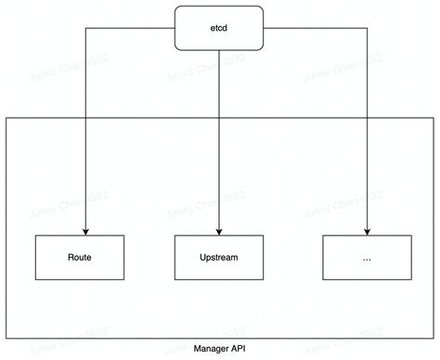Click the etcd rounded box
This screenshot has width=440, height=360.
(x=219, y=28)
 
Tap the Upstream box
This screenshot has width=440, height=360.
(x=219, y=257)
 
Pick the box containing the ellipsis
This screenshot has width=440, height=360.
(x=368, y=257)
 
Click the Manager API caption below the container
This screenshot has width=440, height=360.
(x=219, y=349)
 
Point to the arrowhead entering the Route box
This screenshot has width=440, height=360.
(x=84, y=231)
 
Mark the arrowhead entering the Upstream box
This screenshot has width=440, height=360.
(x=219, y=231)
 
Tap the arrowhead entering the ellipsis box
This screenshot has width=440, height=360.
(x=368, y=231)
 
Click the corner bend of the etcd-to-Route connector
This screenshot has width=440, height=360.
(x=84, y=28)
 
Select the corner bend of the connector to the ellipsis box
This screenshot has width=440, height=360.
(x=368, y=28)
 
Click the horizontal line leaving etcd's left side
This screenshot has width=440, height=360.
(x=130, y=28)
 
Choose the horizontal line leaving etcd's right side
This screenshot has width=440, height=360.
(x=316, y=28)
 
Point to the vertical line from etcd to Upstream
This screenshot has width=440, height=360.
(x=219, y=139)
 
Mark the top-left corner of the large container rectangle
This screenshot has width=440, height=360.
(x=6, y=118)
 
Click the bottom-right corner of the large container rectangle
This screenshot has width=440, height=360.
(x=434, y=339)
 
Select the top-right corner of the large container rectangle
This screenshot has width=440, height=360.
(x=434, y=118)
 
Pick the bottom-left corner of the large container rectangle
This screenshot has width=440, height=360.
(x=6, y=339)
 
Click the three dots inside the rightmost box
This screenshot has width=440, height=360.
(x=368, y=258)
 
